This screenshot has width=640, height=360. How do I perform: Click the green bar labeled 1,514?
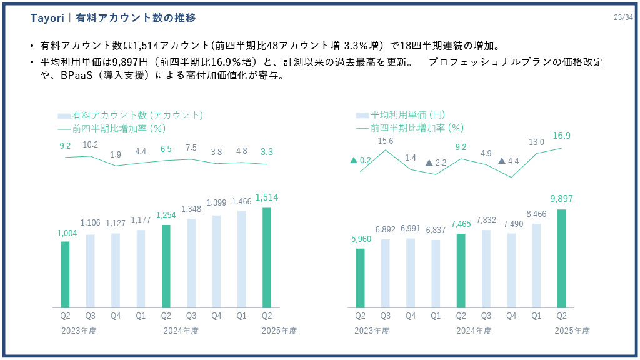(x=267, y=257)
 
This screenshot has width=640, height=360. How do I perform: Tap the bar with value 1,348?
(x=191, y=262)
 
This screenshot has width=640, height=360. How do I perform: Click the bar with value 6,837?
(x=436, y=273)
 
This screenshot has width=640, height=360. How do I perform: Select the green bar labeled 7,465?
(x=461, y=270)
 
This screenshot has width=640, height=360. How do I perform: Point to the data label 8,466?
(x=536, y=213)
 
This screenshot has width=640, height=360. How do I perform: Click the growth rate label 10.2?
(x=91, y=144)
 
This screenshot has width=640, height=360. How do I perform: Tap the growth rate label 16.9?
(x=561, y=136)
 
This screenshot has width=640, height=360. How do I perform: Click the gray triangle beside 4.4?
(x=501, y=161)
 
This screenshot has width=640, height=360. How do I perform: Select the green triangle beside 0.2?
(x=354, y=160)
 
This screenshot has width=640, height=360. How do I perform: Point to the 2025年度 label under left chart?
(x=279, y=331)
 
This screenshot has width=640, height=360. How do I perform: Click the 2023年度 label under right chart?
(x=372, y=331)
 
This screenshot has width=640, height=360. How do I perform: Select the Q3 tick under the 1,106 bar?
(x=91, y=316)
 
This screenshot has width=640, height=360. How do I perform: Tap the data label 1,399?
(x=216, y=203)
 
